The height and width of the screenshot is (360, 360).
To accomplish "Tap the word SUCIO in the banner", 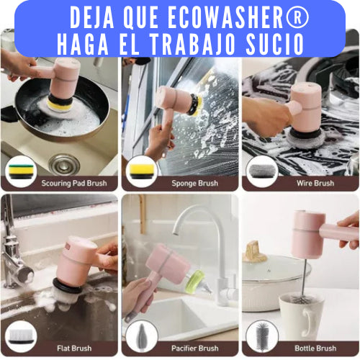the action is pyautogui.click(x=275, y=45).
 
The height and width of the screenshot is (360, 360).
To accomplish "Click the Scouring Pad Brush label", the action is pyautogui.click(x=74, y=184).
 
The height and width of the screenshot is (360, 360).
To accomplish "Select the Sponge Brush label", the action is pyautogui.click(x=195, y=184).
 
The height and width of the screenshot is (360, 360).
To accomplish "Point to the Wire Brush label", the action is pyautogui.click(x=315, y=184).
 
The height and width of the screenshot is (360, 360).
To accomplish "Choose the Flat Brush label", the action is pyautogui.click(x=74, y=348).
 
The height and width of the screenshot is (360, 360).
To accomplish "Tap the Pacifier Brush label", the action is pyautogui.click(x=195, y=348).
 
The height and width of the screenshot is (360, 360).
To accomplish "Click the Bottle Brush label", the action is pyautogui.click(x=315, y=348).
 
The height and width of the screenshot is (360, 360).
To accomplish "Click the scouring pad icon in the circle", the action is pyautogui.click(x=20, y=171).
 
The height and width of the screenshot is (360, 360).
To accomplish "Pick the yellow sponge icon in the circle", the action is pyautogui.click(x=141, y=171).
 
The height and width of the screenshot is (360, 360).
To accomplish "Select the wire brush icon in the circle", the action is pyautogui.click(x=262, y=171).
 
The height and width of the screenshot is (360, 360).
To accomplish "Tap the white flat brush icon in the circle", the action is pyautogui.click(x=21, y=337).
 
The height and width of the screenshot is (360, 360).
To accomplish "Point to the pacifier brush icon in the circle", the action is pyautogui.click(x=142, y=336).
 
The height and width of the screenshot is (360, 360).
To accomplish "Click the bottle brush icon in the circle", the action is pyautogui.click(x=262, y=336).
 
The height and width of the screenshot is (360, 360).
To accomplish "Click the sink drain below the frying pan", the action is pyautogui.click(x=64, y=165).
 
